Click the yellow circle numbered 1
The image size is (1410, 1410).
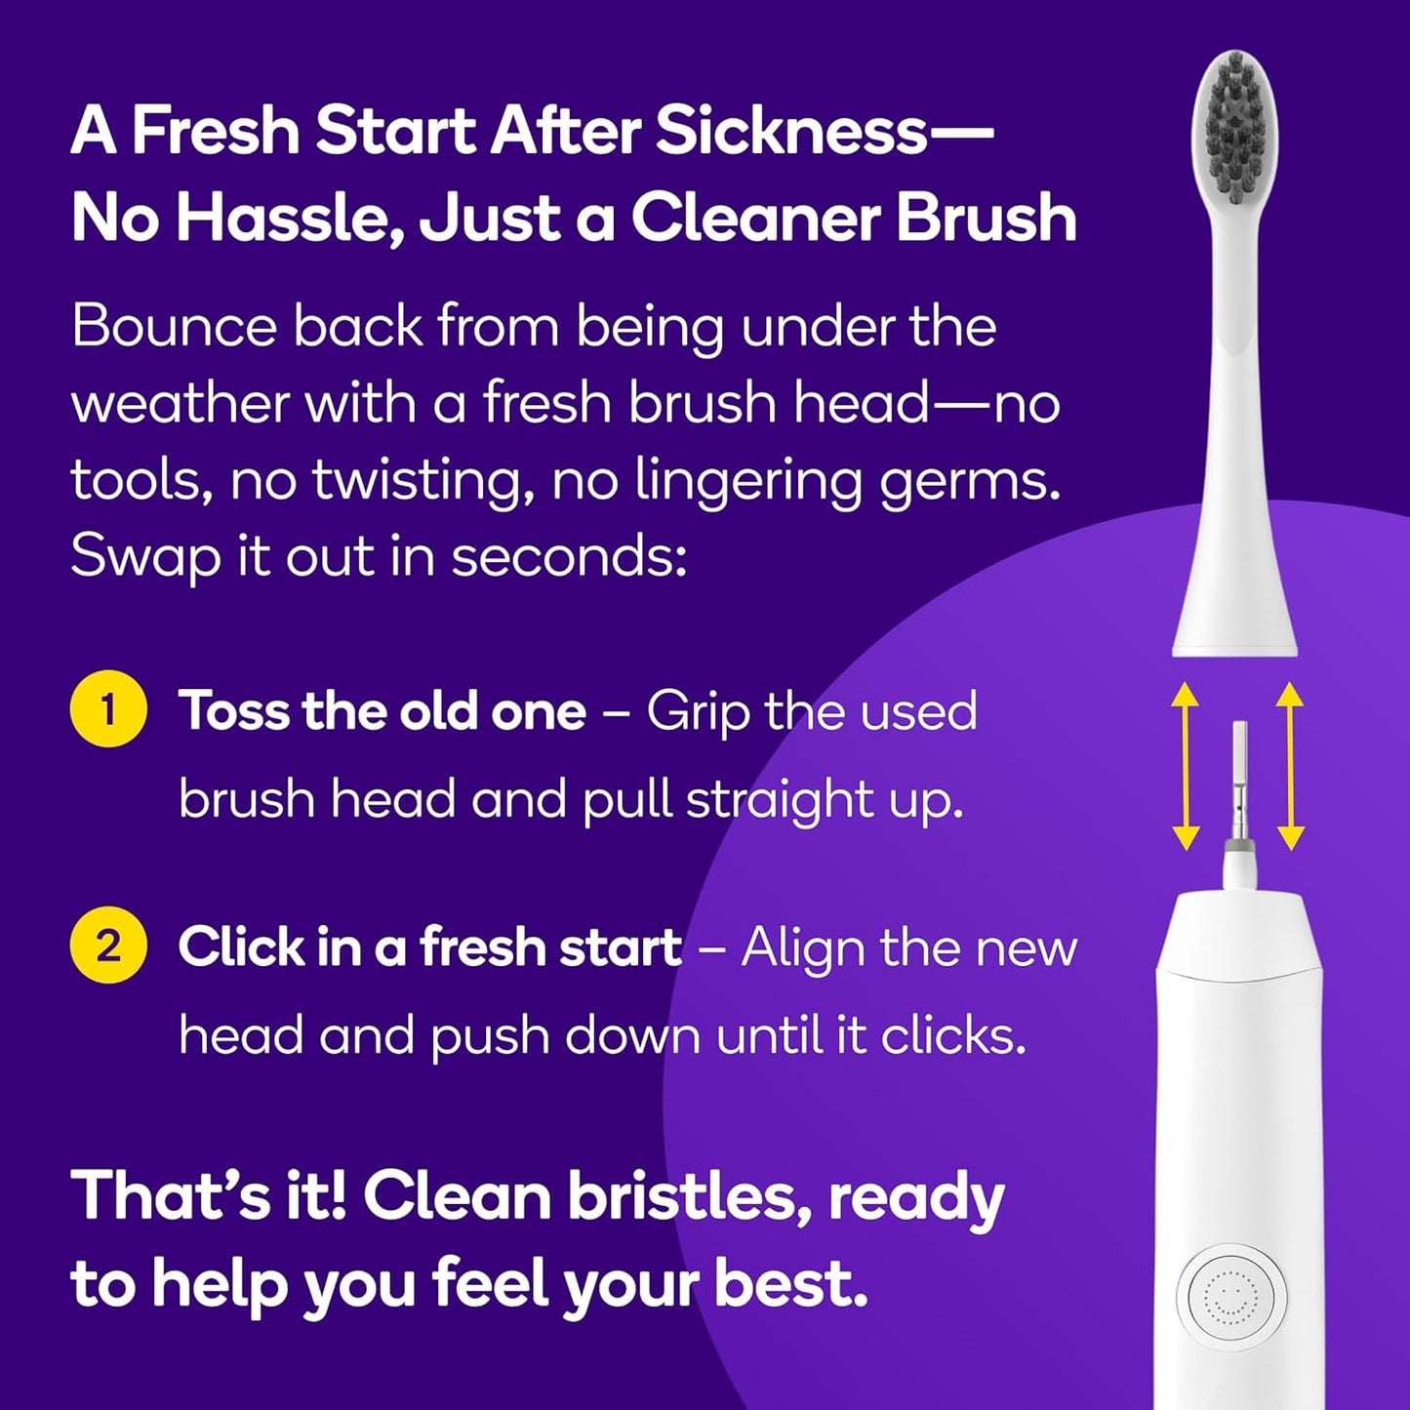[108, 709]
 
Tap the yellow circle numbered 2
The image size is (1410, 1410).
[108, 947]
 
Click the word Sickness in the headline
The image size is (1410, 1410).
[790, 131]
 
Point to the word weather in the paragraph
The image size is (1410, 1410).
[179, 403]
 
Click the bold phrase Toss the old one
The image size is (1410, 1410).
[383, 710]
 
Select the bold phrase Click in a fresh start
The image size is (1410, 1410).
[429, 947]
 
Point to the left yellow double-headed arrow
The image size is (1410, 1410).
[1185, 766]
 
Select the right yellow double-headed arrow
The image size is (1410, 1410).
[1290, 766]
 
